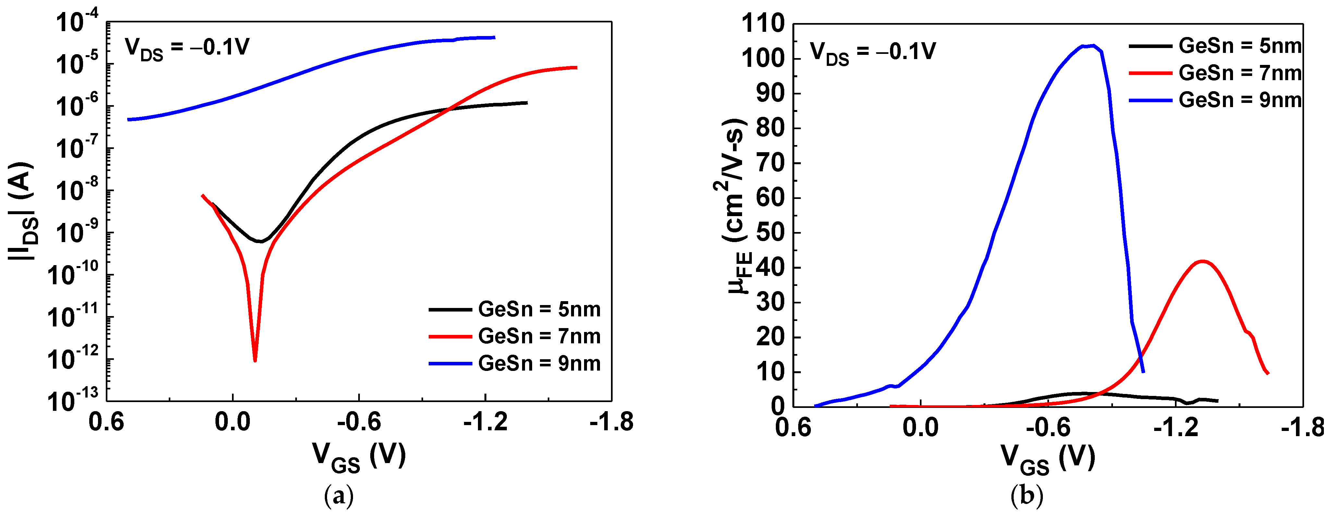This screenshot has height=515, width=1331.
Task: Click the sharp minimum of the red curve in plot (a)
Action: point(255,360)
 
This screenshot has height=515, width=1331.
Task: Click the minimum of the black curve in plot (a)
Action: point(262,241)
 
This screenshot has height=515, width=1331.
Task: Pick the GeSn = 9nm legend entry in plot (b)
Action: point(1215,100)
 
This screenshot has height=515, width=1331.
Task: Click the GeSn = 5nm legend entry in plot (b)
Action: point(1215,46)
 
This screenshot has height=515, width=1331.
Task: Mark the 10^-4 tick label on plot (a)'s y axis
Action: point(72,23)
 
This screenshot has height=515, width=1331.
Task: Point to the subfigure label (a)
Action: point(338,497)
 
